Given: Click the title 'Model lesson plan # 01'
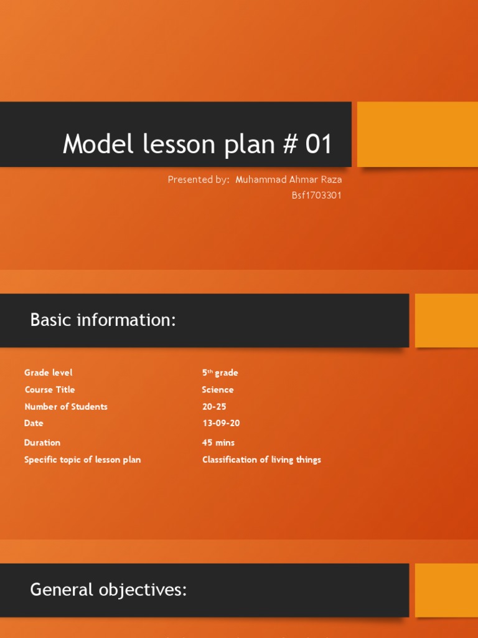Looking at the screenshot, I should [197, 145].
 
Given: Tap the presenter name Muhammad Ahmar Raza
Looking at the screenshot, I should [289, 180].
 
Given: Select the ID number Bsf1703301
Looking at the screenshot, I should [317, 195].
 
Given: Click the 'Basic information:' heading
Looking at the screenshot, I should [103, 320].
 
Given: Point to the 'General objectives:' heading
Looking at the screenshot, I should [108, 589].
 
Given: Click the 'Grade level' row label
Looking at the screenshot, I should [49, 373].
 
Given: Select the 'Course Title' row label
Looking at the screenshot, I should [50, 389].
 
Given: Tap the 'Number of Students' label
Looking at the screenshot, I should [66, 406].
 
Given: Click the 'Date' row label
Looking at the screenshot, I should [34, 423].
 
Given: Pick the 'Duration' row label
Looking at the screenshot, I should [42, 442].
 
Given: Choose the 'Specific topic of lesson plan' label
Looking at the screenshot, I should [82, 460].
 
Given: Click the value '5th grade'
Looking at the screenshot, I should [220, 373].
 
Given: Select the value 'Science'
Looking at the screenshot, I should [218, 389].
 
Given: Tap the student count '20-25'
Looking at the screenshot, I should [214, 406].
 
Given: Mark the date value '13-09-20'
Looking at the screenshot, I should [221, 423].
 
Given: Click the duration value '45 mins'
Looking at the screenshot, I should [218, 442].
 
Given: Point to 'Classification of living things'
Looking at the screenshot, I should [261, 460].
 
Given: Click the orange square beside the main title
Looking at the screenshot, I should [417, 135].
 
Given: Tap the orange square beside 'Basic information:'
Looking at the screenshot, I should [446, 320].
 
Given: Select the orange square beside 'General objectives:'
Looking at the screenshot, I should [446, 590].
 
